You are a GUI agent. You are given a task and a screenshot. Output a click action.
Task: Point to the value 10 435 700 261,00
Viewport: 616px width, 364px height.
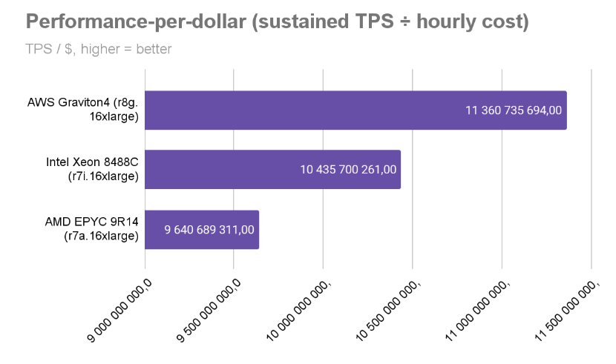(x=348, y=170)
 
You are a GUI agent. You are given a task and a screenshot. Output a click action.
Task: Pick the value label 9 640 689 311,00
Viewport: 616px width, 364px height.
(x=209, y=229)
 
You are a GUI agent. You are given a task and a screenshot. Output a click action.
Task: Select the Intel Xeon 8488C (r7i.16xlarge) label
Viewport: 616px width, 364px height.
(x=97, y=170)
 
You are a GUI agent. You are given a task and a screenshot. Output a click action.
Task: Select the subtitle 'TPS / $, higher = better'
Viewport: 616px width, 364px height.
(x=99, y=50)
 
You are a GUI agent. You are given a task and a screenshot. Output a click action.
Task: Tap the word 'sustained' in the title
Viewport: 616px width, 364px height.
(x=299, y=22)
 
